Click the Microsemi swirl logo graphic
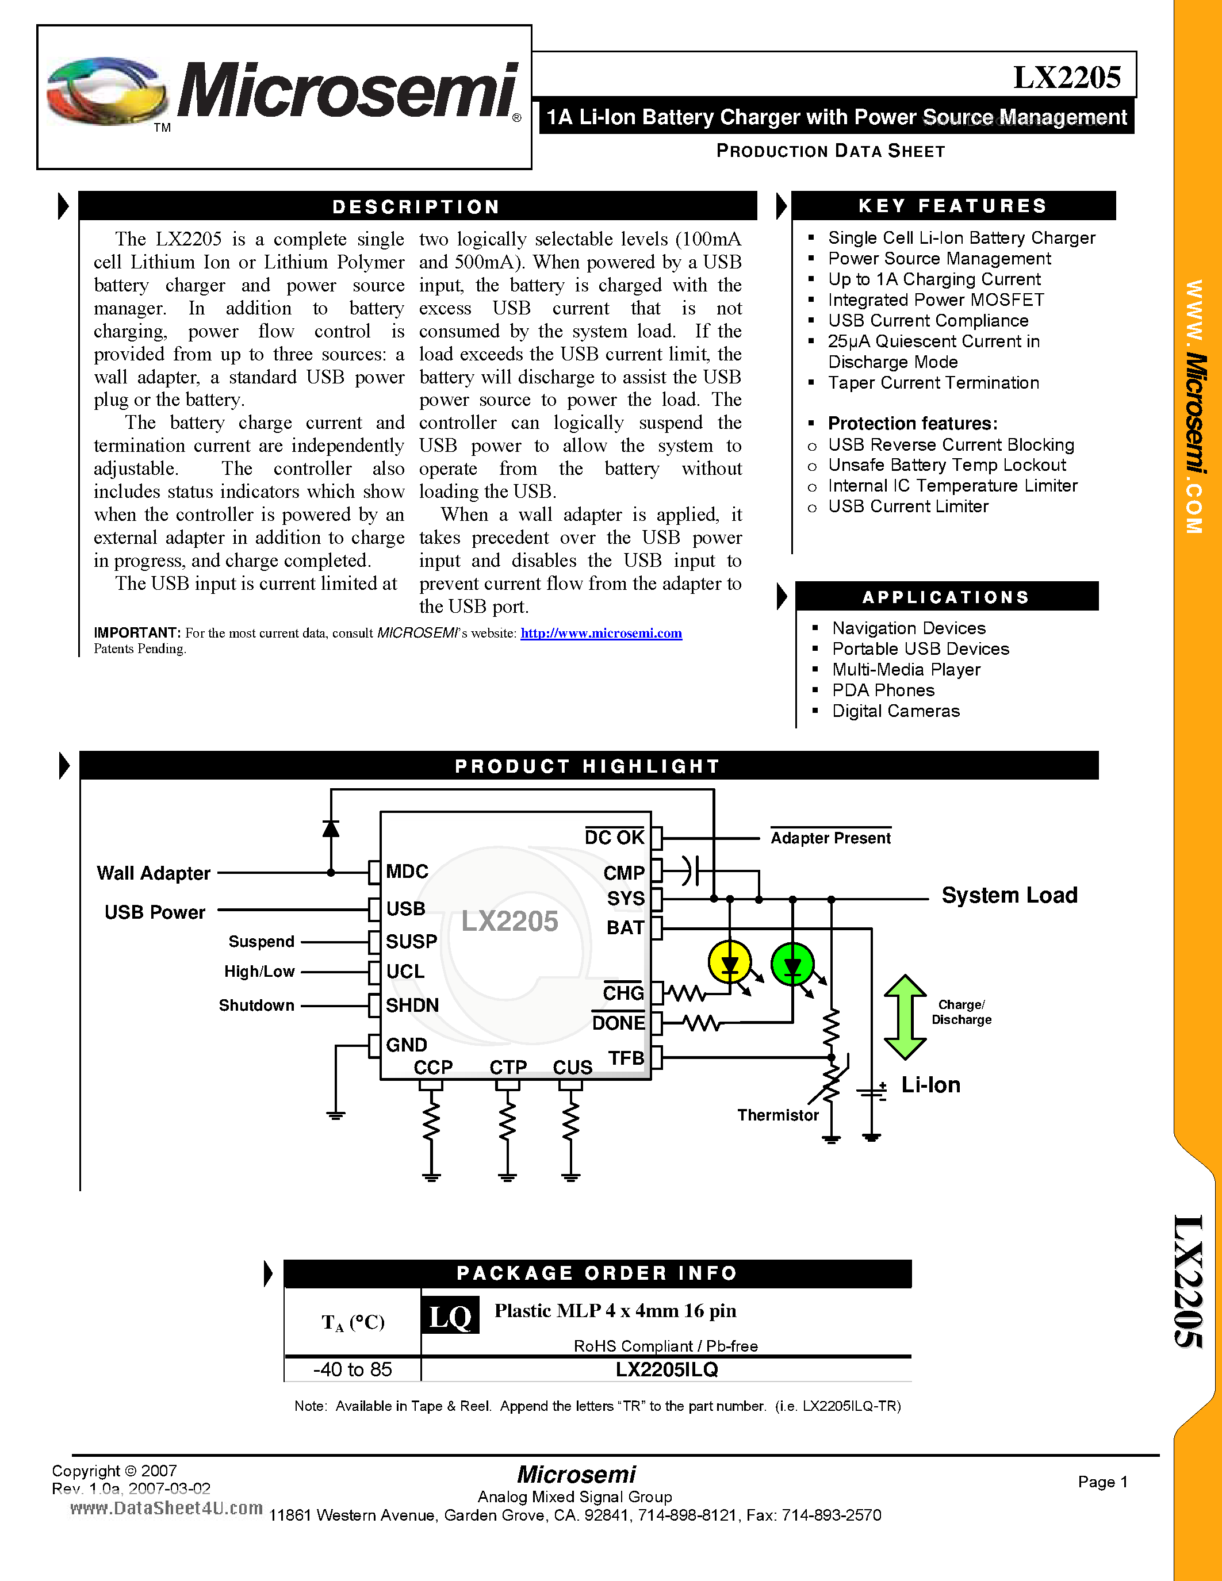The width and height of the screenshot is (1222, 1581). coord(105,90)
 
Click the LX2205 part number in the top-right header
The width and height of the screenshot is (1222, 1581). coord(1066,76)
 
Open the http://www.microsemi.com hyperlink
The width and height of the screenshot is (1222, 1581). coord(601,634)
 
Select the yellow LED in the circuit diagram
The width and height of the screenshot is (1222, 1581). coord(730,964)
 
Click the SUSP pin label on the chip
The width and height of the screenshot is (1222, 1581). coord(411,941)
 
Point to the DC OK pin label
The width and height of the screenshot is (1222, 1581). coord(614,838)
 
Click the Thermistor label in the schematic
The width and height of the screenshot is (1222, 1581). coord(777,1115)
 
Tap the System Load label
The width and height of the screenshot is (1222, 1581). coord(1009,896)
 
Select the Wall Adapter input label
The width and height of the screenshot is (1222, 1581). coord(154,873)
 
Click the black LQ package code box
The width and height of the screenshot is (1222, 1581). coord(450,1316)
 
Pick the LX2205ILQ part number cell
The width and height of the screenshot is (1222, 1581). coord(666,1369)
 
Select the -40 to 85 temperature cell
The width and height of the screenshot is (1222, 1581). coord(353,1369)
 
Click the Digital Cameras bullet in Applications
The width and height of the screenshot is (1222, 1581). coord(895,711)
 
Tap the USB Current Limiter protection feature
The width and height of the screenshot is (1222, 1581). coord(908,506)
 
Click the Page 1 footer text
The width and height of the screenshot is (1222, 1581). coord(1102,1482)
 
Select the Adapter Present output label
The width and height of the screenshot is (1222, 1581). coord(830,838)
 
